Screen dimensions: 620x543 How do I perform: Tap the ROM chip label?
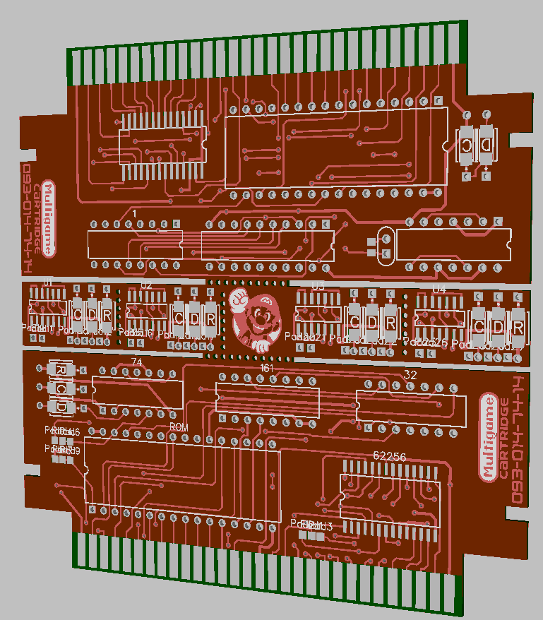coord(179,427)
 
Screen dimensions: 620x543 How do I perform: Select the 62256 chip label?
coord(389,456)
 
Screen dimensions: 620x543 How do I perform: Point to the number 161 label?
coord(267,369)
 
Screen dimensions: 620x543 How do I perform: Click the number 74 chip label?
coord(137,362)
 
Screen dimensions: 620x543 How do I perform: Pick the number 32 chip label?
coord(410,374)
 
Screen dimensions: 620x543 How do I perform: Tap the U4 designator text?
coord(439,290)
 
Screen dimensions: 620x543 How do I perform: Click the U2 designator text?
coord(146,285)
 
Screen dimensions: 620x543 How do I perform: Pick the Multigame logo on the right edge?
coord(487,438)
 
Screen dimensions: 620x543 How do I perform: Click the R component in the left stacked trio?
coord(61,370)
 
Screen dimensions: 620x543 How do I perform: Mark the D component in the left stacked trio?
coord(61,407)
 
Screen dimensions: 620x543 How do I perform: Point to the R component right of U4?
coord(518,327)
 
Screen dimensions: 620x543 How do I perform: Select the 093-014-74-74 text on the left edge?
coord(29,219)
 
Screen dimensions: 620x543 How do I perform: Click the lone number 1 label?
coord(134,213)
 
